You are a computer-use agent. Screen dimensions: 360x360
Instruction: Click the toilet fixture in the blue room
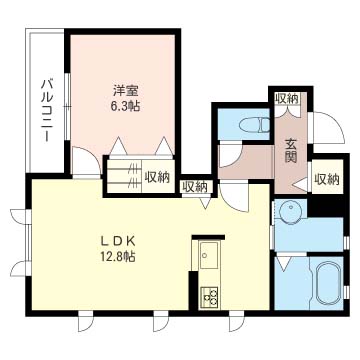[255, 125]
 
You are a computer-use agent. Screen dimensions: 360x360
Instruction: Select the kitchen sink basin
[209, 255]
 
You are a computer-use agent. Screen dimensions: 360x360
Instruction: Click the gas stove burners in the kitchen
[209, 296]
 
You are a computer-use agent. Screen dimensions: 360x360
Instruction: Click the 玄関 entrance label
[291, 151]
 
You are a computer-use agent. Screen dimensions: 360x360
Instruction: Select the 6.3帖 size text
[125, 106]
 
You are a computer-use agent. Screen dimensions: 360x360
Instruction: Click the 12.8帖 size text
[118, 256]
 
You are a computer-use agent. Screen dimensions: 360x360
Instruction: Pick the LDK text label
[118, 241]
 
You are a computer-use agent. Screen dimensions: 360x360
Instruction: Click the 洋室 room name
[126, 91]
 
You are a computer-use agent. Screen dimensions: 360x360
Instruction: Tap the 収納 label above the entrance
[287, 98]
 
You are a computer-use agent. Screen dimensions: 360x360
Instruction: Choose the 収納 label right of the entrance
[327, 179]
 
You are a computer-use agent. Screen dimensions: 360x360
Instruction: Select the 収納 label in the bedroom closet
[157, 177]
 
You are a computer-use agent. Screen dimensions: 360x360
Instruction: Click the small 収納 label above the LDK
[195, 187]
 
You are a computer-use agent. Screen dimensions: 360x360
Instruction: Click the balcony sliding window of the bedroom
[67, 106]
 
